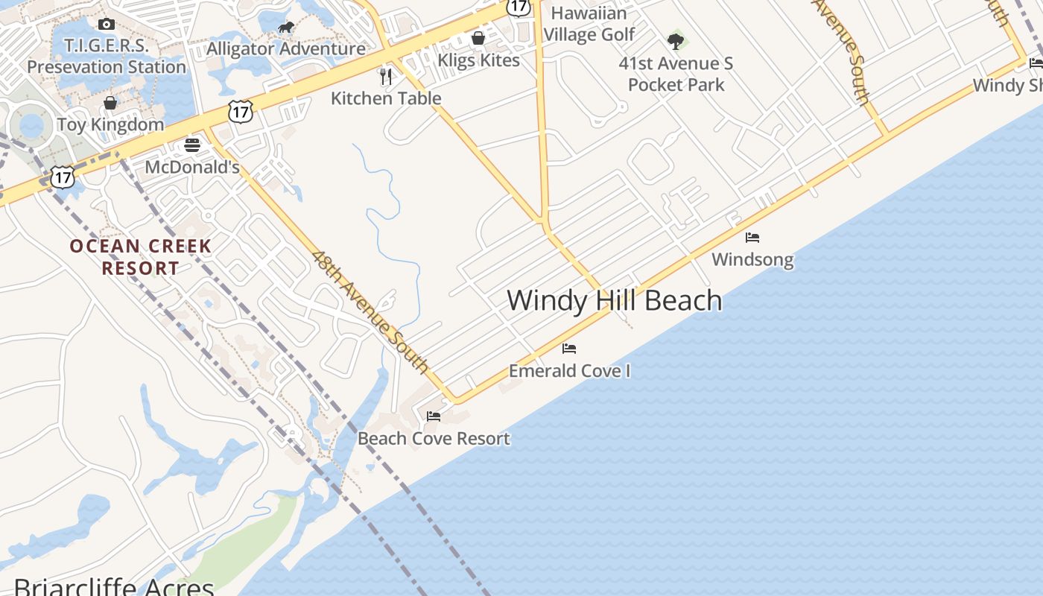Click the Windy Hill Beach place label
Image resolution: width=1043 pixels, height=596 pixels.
pyautogui.click(x=615, y=300)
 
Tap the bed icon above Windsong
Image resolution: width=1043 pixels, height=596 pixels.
pyautogui.click(x=752, y=238)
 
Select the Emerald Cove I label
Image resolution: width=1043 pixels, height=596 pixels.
pyautogui.click(x=569, y=370)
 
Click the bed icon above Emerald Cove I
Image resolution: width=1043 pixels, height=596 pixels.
pyautogui.click(x=569, y=348)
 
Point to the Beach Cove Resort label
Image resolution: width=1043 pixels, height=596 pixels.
pyautogui.click(x=434, y=438)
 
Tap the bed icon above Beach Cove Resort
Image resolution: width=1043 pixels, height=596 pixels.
pyautogui.click(x=434, y=416)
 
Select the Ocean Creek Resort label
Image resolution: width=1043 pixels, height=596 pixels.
pyautogui.click(x=141, y=256)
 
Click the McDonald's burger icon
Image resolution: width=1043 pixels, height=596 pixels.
pyautogui.click(x=192, y=145)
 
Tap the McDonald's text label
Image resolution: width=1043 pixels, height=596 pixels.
pyautogui.click(x=192, y=166)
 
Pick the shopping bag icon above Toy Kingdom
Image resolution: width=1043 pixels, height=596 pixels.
pyautogui.click(x=110, y=102)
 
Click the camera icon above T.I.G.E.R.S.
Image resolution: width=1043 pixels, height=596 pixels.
pyautogui.click(x=107, y=24)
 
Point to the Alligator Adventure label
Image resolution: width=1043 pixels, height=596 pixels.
pyautogui.click(x=286, y=49)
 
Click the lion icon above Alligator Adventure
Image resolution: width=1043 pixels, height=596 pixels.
pyautogui.click(x=286, y=28)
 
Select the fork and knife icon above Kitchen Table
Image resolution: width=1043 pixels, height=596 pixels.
pyautogui.click(x=386, y=76)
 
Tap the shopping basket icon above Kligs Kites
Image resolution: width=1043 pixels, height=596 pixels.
pyautogui.click(x=478, y=38)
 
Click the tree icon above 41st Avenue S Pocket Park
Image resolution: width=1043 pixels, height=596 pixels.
pyautogui.click(x=676, y=41)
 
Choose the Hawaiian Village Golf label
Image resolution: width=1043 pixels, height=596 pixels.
pyautogui.click(x=589, y=24)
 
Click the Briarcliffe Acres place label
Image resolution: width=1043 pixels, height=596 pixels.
pyautogui.click(x=114, y=586)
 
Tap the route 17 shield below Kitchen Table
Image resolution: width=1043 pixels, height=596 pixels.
pyautogui.click(x=241, y=112)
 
